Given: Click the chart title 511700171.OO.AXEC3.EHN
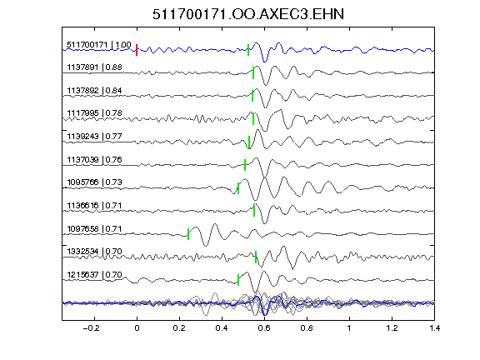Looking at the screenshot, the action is pos(248,14).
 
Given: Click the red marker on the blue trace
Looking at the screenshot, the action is pos(137,50).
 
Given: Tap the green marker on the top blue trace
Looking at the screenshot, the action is pos(248,50).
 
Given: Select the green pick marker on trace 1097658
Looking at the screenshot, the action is pos(188,234).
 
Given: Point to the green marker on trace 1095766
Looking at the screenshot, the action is pos(238,188).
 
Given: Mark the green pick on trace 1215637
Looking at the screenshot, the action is pos(238,280).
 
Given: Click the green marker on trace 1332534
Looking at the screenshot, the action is pos(256,257).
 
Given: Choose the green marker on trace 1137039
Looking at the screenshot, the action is pos(245,165).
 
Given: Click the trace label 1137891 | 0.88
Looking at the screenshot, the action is pos(95,67).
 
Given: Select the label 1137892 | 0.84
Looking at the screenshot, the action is pos(95,91).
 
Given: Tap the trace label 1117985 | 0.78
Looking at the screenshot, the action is pos(95,113).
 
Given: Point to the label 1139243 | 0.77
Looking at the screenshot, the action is pos(95,136).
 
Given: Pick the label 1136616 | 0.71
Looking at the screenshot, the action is pos(95,205).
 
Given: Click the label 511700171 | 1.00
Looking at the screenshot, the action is pos(99,45).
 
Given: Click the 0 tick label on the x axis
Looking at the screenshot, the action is pos(137,328).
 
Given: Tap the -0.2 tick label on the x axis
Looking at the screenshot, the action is pos(92,328).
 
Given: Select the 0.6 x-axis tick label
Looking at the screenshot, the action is pos(264,328).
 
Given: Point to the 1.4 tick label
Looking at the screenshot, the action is pos(434,328).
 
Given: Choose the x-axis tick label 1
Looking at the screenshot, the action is pos(349,328).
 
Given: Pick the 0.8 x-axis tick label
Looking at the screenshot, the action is pos(307,328).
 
